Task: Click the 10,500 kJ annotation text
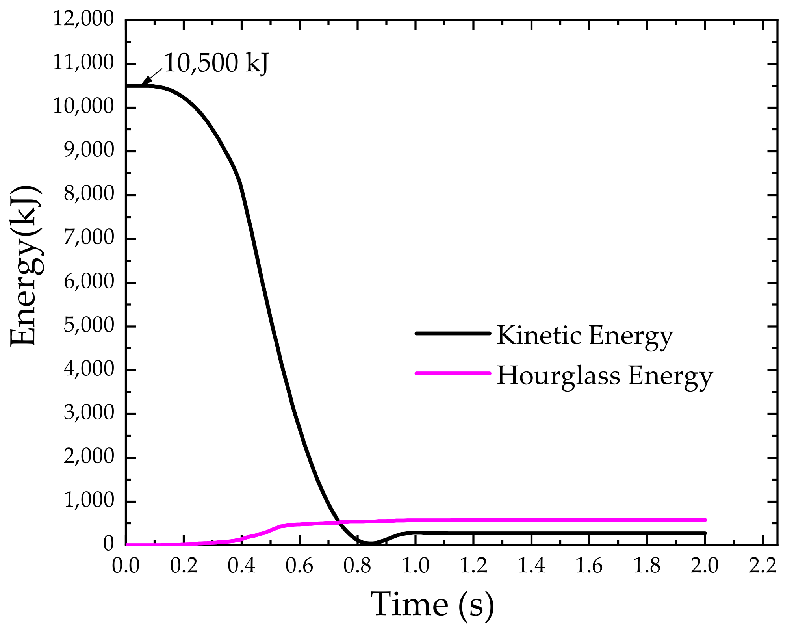[x=216, y=63]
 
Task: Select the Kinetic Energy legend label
[x=585, y=336]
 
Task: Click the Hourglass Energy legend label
[x=605, y=375]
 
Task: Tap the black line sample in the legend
[x=453, y=333]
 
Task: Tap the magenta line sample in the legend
[x=453, y=373]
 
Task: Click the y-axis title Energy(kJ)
[x=24, y=266]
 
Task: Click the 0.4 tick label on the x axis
[x=241, y=566]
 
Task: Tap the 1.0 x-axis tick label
[x=415, y=566]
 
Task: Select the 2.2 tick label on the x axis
[x=763, y=566]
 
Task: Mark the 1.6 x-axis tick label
[x=589, y=566]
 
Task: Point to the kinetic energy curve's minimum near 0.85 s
[x=371, y=543]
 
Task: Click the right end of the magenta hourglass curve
[x=705, y=520]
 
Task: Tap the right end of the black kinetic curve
[x=705, y=533]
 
